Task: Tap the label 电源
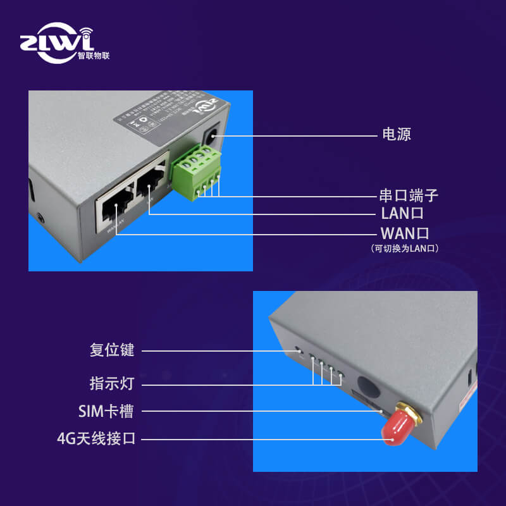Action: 397,135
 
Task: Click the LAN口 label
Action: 402,214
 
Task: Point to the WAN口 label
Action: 405,233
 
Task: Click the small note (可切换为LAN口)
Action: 405,249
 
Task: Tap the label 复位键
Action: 112,350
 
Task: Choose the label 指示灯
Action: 112,383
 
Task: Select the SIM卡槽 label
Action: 106,412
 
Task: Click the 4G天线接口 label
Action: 96,438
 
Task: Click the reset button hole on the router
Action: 300,350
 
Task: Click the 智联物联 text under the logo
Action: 93,55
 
